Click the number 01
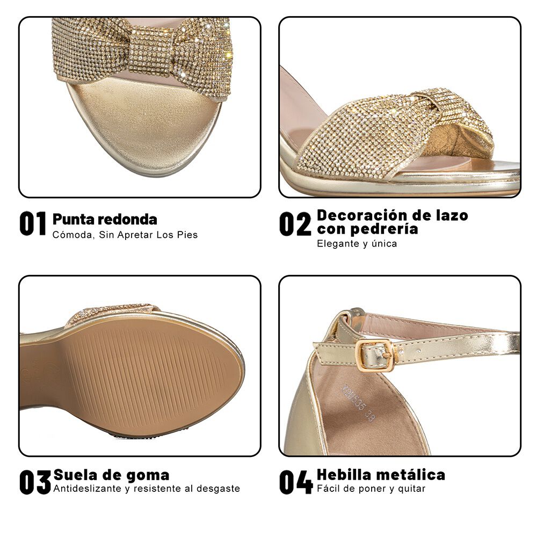point(33,224)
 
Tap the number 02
point(295,224)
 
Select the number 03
point(35,482)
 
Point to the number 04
point(295,482)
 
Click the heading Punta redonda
point(105,219)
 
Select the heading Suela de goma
point(111,475)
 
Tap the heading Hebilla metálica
point(381,475)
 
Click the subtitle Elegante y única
point(357,244)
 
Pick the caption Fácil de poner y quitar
point(371,489)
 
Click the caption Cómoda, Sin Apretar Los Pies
point(125,235)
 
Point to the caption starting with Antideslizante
point(146,489)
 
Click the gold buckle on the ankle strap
point(374,354)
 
